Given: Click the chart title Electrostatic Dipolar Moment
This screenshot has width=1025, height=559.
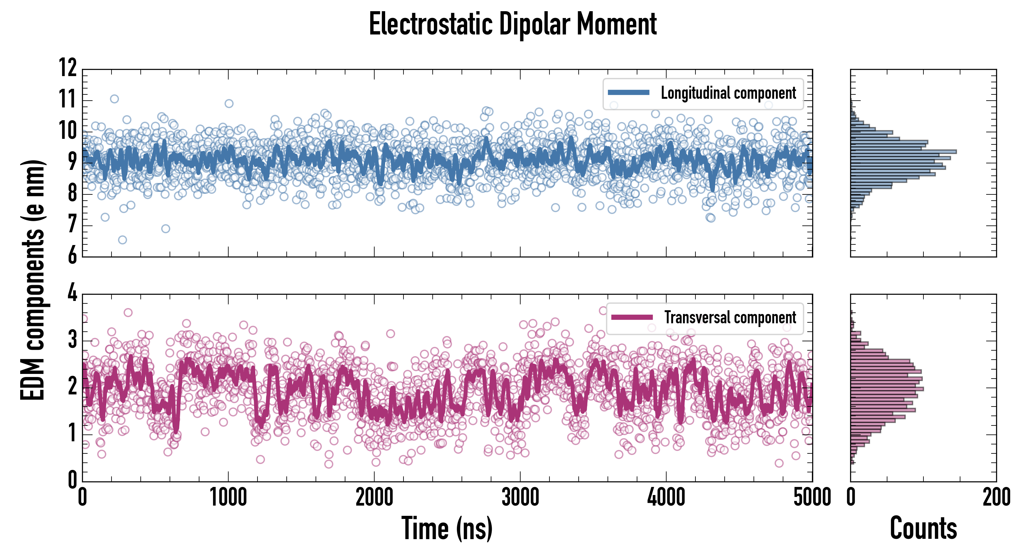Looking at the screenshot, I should [x=512, y=24].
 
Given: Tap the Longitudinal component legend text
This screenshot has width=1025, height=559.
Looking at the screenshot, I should [x=728, y=93].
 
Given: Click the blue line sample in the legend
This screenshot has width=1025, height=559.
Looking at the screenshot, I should [x=628, y=93].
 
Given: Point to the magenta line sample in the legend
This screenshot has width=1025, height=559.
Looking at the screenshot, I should [x=631, y=317].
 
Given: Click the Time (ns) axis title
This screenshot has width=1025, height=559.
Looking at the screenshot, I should [x=447, y=528].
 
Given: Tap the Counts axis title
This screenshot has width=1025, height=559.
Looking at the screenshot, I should [x=923, y=528].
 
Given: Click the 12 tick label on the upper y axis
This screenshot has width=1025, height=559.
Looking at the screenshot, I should [x=68, y=68].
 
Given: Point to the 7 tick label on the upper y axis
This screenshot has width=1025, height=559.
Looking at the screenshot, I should [x=72, y=225].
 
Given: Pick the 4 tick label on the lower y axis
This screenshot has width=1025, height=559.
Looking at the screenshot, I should [x=72, y=293].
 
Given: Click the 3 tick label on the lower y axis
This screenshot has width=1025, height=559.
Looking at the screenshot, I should [x=72, y=340].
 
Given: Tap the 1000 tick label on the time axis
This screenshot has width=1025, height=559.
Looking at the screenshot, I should [x=228, y=497].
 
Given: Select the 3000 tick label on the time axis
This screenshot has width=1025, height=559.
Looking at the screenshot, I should [x=520, y=497].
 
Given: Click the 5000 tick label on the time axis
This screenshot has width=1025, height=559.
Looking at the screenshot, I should [x=812, y=497].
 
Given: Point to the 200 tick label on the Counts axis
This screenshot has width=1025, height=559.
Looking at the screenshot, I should [x=996, y=497].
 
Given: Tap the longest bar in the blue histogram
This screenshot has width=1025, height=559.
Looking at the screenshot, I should [x=903, y=152].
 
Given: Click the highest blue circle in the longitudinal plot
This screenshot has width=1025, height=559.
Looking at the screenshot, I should [x=114, y=99].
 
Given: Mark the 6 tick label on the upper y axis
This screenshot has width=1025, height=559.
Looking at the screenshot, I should [x=72, y=256].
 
